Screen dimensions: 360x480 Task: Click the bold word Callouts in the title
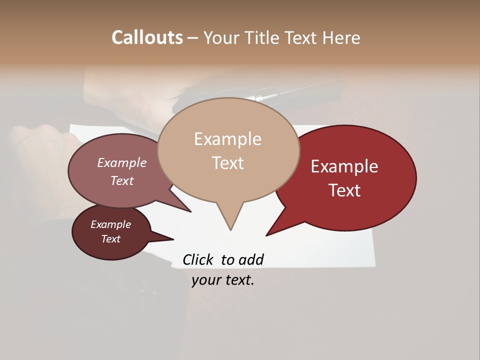pos(147,37)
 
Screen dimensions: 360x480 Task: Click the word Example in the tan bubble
pos(227,139)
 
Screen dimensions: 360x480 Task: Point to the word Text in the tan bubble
pos(227,162)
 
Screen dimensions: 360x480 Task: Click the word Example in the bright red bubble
pos(344,166)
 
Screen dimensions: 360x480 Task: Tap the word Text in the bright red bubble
pos(344,190)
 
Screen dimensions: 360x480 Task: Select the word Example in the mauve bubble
pos(122,162)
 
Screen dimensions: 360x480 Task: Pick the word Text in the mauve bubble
pos(122,180)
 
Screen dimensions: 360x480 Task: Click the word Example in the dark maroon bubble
pos(111,224)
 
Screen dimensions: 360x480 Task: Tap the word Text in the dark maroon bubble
pos(111,239)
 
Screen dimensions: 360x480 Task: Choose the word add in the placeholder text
pos(250,259)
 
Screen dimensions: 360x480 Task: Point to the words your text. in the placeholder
pos(223,280)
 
